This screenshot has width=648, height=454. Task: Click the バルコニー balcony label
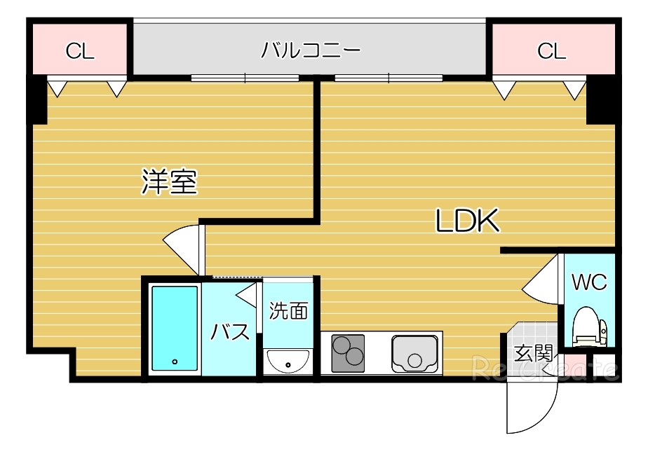click(311, 50)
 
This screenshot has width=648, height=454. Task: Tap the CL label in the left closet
click(80, 51)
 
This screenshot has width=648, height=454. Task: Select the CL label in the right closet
click(551, 51)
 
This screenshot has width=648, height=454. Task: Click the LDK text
click(467, 222)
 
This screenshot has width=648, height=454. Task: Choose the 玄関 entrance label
click(532, 352)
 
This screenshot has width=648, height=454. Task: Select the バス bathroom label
click(231, 331)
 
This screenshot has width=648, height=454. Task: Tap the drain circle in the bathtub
click(174, 362)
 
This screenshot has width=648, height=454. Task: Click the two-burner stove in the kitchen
click(348, 352)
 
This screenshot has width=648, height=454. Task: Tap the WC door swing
click(544, 281)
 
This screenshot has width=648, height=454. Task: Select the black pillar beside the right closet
click(600, 101)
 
